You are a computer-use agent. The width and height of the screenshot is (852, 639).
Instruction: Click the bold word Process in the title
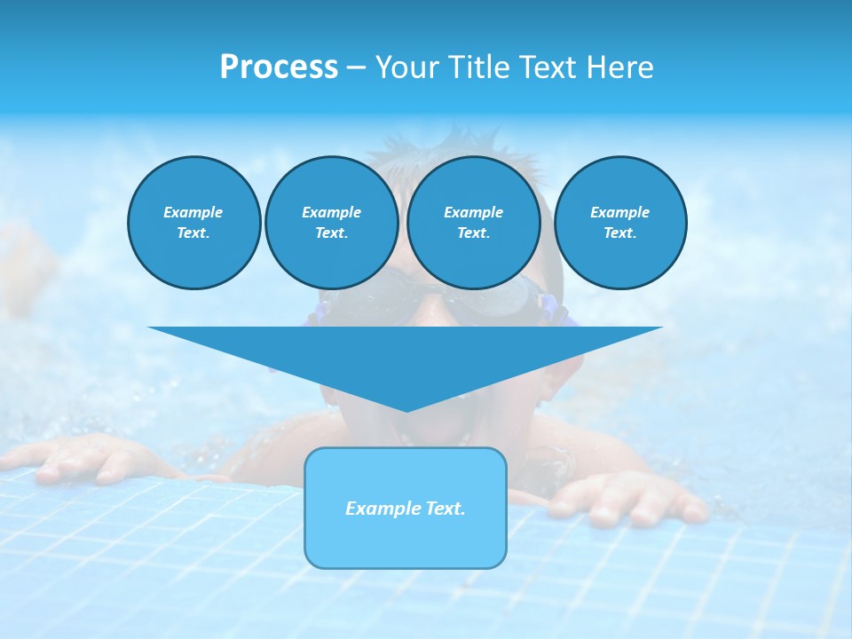(x=279, y=67)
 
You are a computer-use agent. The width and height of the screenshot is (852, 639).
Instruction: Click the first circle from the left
(x=193, y=223)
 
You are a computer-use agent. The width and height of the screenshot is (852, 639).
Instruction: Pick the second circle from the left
(x=331, y=223)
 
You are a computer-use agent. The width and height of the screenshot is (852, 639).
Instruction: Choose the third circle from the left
(x=473, y=223)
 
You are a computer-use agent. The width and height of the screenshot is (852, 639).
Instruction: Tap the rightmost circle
(x=619, y=223)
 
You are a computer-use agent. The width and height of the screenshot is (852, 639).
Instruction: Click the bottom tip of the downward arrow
(x=406, y=410)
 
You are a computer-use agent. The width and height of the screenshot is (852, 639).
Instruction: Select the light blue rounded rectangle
(x=406, y=532)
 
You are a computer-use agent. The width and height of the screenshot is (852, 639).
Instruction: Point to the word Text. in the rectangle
(x=446, y=509)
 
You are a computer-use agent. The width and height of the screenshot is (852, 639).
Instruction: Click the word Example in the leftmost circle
(x=193, y=212)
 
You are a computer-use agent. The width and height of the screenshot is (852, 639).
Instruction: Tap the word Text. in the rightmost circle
(x=619, y=233)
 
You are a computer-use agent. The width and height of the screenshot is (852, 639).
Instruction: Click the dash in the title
(x=356, y=67)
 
